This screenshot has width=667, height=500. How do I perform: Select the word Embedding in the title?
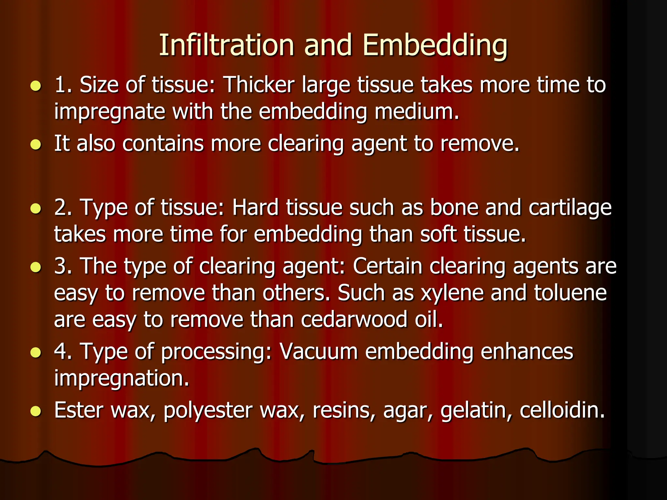pyautogui.click(x=435, y=46)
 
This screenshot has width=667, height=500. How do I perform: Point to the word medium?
pyautogui.click(x=417, y=111)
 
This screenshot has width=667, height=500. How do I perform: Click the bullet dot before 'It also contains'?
pyautogui.click(x=36, y=144)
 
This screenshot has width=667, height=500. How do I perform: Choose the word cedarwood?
pyautogui.click(x=354, y=319)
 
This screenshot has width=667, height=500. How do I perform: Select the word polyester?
pyautogui.click(x=208, y=410)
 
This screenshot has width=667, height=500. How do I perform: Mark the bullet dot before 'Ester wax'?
pyautogui.click(x=36, y=411)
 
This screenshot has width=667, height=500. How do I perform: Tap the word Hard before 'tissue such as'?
pyautogui.click(x=255, y=207)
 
